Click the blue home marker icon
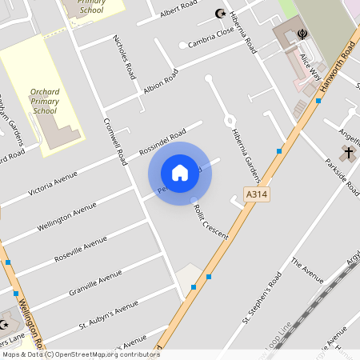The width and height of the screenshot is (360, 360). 180,172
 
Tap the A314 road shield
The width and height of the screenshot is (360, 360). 256,194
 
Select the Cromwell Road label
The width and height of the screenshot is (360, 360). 116,142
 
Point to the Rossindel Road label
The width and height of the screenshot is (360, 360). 162,141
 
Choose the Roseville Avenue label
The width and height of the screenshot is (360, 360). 80,250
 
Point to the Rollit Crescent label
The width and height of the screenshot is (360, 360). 210,222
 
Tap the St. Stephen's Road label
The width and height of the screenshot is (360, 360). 262,298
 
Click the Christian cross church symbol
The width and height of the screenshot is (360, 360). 348,151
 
